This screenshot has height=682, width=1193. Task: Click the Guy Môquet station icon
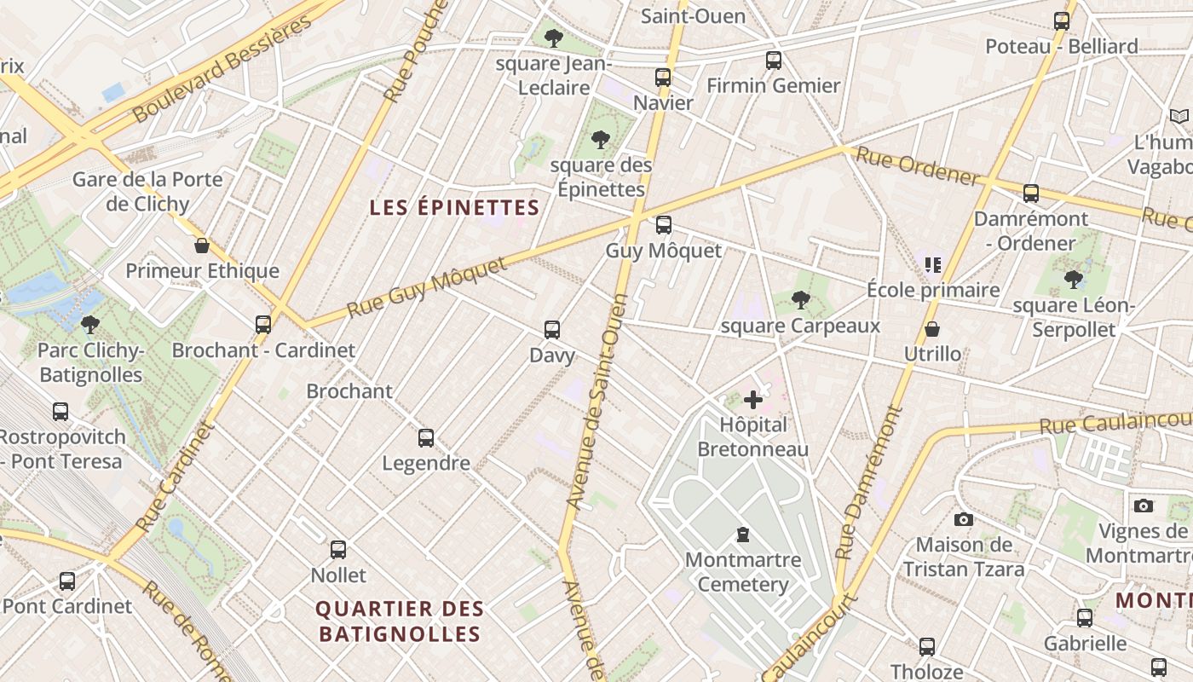[663, 225]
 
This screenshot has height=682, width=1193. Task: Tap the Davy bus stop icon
[552, 329]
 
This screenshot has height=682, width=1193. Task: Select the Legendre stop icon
[426, 438]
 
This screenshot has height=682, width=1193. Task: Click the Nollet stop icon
[338, 550]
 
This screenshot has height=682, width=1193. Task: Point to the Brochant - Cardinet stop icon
[263, 325]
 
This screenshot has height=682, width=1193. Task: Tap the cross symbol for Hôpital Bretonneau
[753, 399]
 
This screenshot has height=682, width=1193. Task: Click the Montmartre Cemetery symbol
[743, 535]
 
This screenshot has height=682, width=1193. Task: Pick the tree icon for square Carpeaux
[800, 299]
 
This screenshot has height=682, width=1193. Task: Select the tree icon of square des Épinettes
[601, 139]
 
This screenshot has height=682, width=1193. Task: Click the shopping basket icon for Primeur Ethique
[202, 246]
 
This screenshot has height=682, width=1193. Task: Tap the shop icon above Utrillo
[932, 329]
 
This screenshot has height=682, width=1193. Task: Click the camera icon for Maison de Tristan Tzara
[963, 519]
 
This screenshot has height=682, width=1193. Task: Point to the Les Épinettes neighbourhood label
[454, 207]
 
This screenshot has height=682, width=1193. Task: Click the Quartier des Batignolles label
[400, 621]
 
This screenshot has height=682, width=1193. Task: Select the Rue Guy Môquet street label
[429, 286]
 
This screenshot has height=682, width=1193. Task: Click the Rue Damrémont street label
[869, 483]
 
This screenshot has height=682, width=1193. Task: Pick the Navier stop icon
[663, 78]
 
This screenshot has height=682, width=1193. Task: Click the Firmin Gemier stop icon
[773, 61]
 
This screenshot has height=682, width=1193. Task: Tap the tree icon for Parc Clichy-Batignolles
[90, 325]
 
